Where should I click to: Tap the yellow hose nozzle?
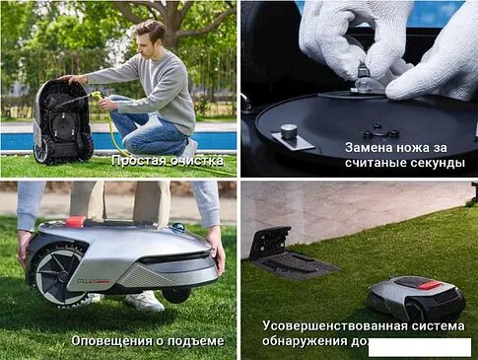click(x=97, y=97)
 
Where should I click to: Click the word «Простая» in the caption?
click(x=138, y=160)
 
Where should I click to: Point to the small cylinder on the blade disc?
click(x=289, y=131)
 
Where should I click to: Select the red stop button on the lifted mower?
click(x=76, y=221)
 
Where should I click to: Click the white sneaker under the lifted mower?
click(x=144, y=301)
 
